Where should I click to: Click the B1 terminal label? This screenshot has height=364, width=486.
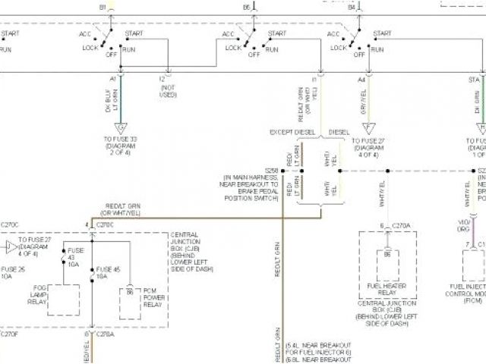[x=103, y=6]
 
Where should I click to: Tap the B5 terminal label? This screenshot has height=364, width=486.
[x=247, y=6]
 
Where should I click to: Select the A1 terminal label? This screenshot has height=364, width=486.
[x=113, y=79]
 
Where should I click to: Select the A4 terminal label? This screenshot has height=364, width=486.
[x=361, y=79]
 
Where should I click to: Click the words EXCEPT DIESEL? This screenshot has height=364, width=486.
[x=292, y=132]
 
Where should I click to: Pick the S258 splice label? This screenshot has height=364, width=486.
[x=272, y=171]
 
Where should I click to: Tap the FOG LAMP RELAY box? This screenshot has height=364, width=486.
[x=64, y=300]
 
